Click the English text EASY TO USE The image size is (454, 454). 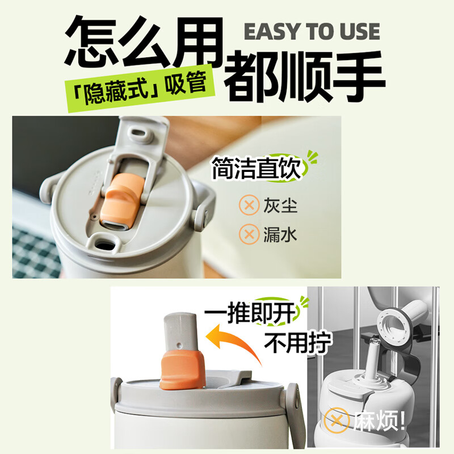tap(312, 32)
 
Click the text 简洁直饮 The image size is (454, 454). tap(255, 169)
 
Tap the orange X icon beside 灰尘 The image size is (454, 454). tap(248, 205)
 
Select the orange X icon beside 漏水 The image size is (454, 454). tap(248, 233)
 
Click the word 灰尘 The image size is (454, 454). tap(280, 205)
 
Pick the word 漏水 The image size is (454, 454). tap(280, 233)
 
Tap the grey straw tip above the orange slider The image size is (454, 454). tap(179, 331)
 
